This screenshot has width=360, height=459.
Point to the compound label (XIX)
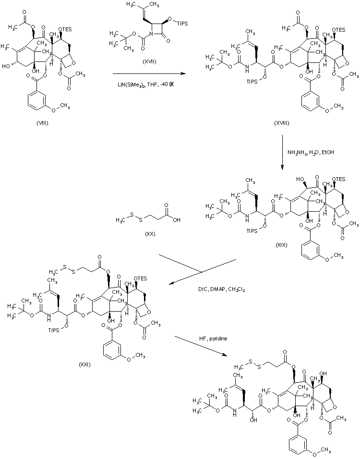[281, 245]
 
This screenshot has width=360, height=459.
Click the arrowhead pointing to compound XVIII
[183, 74]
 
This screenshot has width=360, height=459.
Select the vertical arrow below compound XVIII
[282, 154]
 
